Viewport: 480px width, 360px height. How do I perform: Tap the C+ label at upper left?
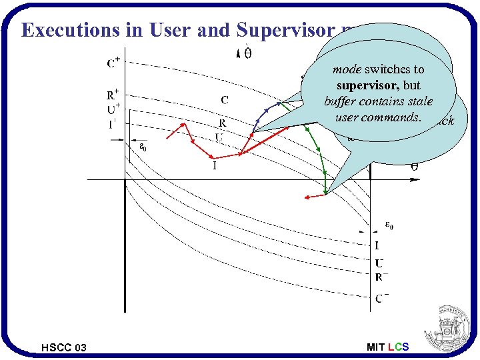[114, 63]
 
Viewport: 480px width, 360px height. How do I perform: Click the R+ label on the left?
[114, 95]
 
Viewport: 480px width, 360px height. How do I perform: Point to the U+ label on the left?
[114, 109]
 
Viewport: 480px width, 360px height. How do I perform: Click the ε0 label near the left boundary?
[143, 148]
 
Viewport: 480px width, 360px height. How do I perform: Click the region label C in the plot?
[225, 101]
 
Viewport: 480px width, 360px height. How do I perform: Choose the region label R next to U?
[222, 123]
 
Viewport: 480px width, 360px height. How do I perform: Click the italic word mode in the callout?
[347, 69]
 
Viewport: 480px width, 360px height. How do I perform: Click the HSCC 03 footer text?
[63, 347]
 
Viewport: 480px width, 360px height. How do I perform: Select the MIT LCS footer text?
[388, 347]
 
